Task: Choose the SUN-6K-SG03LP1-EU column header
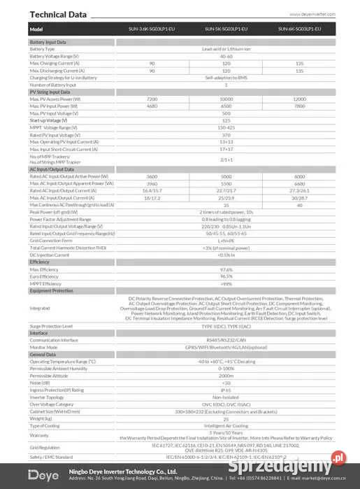[x=300, y=29]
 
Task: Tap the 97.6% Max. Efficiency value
[x=226, y=269]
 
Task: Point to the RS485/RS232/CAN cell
[x=226, y=340]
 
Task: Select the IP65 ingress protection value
[x=226, y=390]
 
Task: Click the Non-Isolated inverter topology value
[x=226, y=397]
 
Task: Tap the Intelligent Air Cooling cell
[x=226, y=425]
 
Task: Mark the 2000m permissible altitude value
[x=226, y=376]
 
